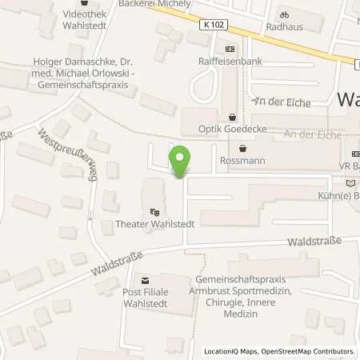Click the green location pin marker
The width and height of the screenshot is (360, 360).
[x=181, y=162]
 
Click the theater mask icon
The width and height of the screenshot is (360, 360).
[x=154, y=212]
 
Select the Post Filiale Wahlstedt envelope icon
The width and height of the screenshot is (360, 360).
[x=145, y=281]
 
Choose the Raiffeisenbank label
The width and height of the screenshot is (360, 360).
[x=231, y=60]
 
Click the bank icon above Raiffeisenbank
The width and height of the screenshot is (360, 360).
[x=230, y=48]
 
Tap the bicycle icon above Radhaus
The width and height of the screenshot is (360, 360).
[x=282, y=14]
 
